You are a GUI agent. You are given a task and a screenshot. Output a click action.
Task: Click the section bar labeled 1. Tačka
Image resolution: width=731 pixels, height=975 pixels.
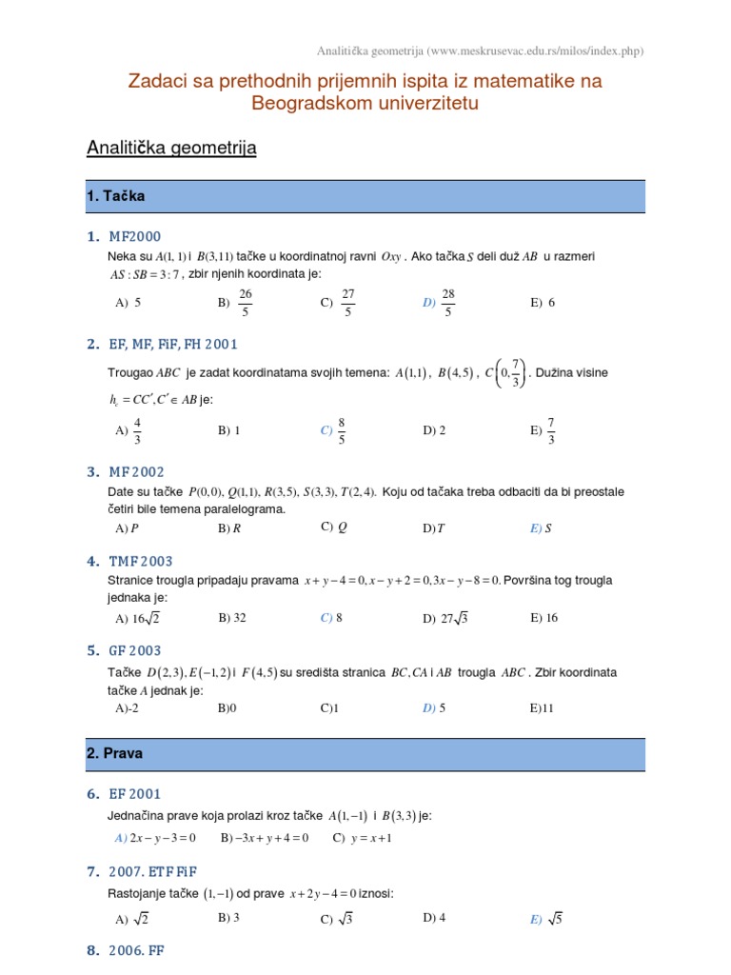[365, 196]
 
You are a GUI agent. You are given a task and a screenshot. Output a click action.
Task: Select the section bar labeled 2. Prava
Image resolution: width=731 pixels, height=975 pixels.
[365, 752]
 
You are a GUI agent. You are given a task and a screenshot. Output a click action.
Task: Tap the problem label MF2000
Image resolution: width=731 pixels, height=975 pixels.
[134, 236]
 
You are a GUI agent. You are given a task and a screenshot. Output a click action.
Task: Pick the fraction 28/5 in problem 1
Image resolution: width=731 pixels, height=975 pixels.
[449, 302]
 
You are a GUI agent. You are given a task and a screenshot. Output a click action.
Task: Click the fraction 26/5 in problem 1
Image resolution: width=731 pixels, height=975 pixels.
[245, 302]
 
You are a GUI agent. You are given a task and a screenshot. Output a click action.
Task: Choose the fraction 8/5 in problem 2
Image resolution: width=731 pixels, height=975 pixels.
[341, 430]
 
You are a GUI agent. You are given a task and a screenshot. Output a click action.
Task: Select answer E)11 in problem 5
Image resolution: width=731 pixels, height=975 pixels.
[543, 708]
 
